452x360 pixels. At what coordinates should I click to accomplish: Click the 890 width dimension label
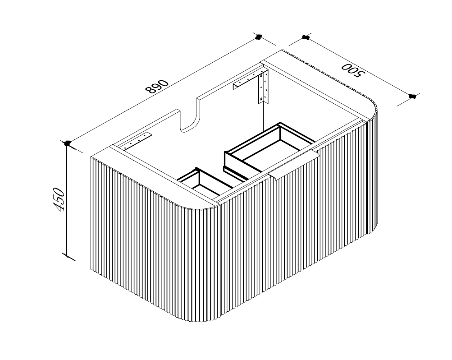click(157, 87)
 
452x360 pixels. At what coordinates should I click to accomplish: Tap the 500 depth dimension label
click(353, 70)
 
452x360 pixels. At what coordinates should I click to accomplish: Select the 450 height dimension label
click(59, 199)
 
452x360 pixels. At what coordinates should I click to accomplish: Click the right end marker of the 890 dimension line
click(259, 37)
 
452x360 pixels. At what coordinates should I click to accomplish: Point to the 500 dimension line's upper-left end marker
click(306, 37)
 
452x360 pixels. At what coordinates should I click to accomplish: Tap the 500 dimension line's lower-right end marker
click(412, 96)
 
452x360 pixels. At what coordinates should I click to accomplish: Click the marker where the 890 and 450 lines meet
click(68, 143)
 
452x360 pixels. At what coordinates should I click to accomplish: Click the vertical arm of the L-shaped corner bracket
click(264, 87)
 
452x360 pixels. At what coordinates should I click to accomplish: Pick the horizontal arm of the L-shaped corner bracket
click(248, 79)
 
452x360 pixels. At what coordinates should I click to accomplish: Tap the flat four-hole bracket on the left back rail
click(137, 141)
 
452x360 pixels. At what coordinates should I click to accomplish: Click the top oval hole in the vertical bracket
click(261, 76)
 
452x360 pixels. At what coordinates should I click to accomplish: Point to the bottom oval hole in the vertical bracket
click(261, 99)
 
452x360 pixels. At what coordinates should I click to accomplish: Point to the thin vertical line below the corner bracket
click(264, 117)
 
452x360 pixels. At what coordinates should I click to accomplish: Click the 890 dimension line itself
click(163, 90)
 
